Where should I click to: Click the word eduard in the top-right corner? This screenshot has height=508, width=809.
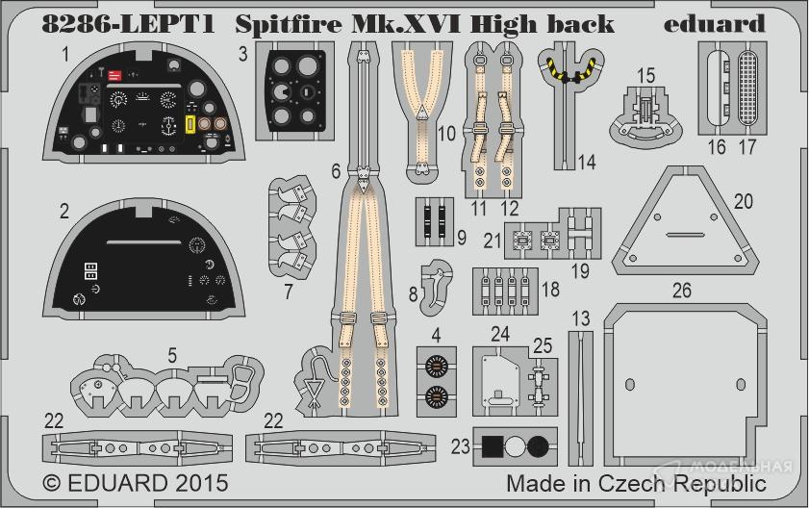click(714, 23)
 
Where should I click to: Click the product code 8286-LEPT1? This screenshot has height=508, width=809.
click(126, 23)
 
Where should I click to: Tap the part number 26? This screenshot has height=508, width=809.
click(681, 290)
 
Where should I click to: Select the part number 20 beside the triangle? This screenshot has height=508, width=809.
click(770, 202)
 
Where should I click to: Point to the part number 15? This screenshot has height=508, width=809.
click(645, 75)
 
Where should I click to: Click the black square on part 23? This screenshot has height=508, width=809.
click(493, 445)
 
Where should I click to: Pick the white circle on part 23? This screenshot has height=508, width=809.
click(516, 445)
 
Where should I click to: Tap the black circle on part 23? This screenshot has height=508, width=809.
click(538, 445)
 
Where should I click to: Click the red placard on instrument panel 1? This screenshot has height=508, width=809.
click(115, 73)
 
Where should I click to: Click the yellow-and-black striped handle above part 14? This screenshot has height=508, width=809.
click(568, 70)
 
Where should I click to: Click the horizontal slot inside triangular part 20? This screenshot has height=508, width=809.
click(695, 234)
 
